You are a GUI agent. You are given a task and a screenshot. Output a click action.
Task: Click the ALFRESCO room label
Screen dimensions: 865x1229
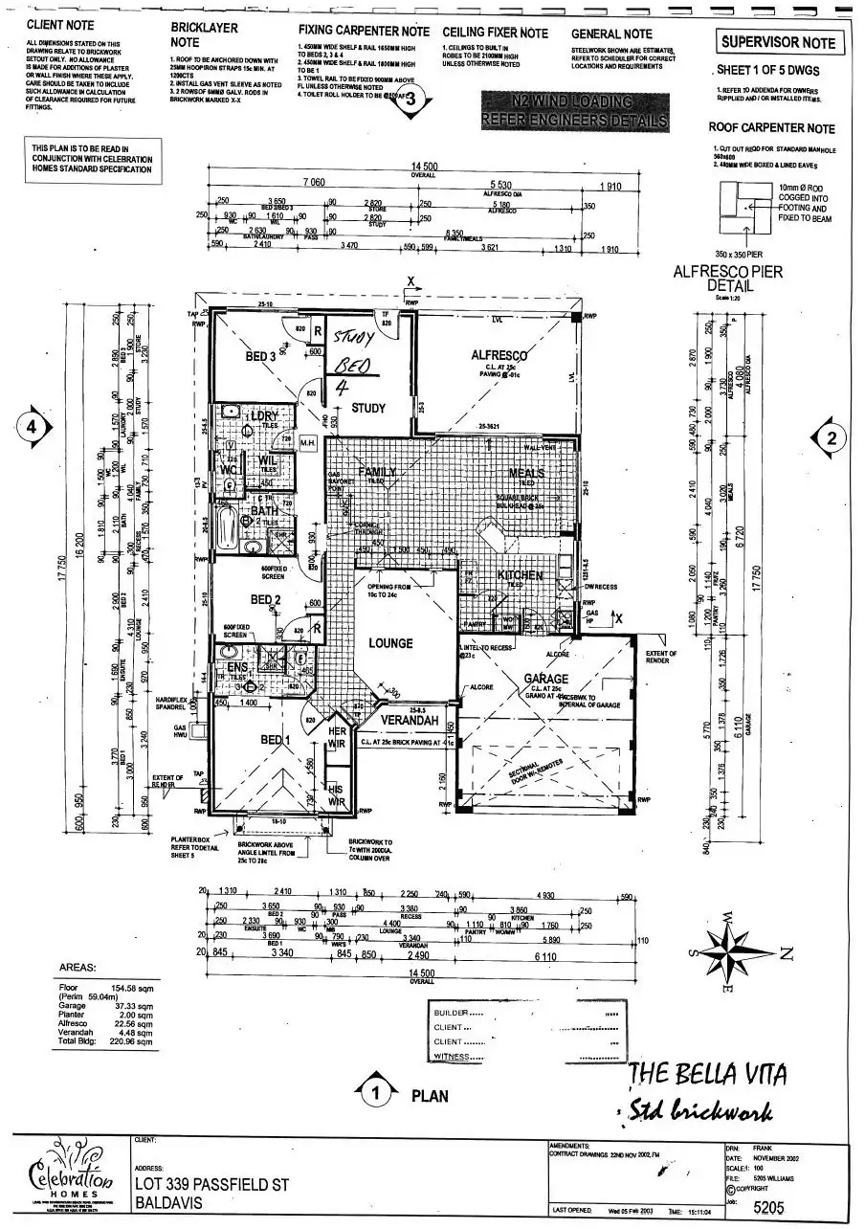(499, 355)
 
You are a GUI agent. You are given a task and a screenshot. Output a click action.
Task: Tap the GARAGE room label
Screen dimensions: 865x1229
(546, 679)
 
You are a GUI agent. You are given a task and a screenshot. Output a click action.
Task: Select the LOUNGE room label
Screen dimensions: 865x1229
(390, 643)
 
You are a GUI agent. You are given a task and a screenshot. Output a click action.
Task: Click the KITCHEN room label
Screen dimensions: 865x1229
(521, 576)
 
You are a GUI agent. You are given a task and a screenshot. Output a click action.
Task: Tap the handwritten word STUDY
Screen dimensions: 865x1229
(356, 337)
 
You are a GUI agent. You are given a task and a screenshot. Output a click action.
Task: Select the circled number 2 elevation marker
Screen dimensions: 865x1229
(831, 438)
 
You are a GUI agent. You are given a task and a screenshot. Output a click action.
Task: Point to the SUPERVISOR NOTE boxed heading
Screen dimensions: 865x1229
(778, 42)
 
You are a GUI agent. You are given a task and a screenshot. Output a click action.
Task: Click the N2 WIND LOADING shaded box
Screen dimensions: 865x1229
(573, 111)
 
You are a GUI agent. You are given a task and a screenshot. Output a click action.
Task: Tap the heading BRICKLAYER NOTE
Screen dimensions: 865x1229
(204, 36)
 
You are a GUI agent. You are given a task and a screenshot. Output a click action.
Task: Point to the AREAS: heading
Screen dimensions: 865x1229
(78, 968)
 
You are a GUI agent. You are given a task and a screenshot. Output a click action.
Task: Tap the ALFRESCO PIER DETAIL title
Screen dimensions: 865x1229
(728, 279)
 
